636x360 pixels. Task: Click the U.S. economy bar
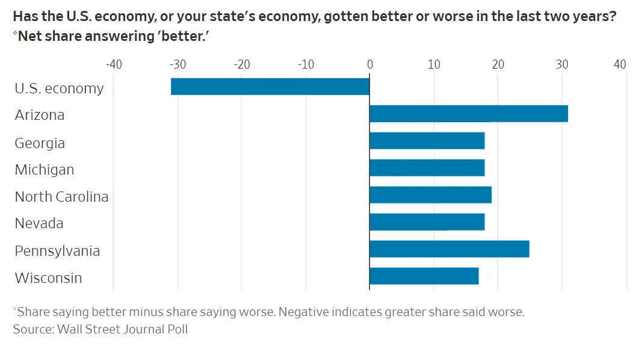tap(270, 87)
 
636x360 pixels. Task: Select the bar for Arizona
tap(468, 113)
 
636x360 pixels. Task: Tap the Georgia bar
tap(427, 140)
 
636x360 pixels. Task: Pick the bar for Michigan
tap(427, 167)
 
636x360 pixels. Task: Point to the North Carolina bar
tap(430, 194)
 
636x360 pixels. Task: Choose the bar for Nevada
tap(427, 222)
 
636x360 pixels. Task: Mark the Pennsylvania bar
tap(449, 249)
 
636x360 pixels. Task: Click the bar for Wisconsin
tap(424, 276)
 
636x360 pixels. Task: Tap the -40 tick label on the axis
tap(113, 64)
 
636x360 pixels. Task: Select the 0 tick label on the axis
tap(369, 64)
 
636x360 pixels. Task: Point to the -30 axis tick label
tap(178, 64)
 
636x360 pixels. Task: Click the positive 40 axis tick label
tap(620, 64)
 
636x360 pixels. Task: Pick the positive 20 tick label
tap(498, 64)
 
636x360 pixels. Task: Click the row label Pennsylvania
tap(57, 251)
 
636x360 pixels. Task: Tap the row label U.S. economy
tap(59, 88)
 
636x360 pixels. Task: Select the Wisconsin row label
tap(48, 278)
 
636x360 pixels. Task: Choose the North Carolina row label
tap(61, 197)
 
